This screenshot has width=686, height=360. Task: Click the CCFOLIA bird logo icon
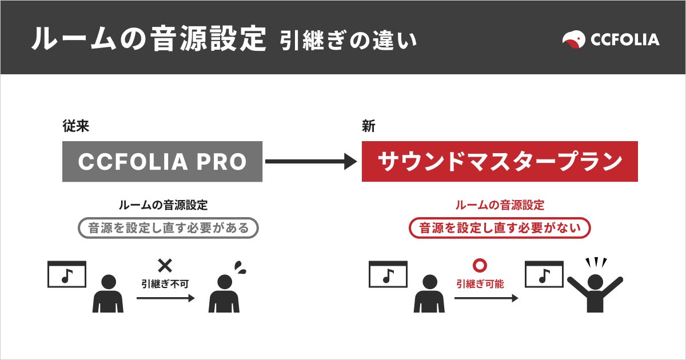pos(573,39)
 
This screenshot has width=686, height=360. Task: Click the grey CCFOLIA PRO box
pos(162,162)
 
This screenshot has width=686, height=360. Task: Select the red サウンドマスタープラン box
pos(500,162)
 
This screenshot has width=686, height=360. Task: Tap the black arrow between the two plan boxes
pos(311,162)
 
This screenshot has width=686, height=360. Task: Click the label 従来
pos(76,127)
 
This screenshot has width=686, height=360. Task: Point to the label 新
pos(368,127)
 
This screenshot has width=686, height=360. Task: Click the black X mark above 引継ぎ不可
pos(165,265)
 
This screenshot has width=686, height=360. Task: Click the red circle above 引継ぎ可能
pos(480,266)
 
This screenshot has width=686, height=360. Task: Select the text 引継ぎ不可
pos(165,283)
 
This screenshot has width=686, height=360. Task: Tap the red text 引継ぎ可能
pos(480,283)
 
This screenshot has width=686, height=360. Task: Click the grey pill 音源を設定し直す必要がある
pos(168,228)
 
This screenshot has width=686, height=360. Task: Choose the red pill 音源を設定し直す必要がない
pos(500,228)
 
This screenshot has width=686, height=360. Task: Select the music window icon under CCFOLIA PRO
pos(67,275)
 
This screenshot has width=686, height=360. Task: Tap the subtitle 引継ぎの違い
pos(348,40)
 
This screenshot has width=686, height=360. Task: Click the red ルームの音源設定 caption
pos(500,205)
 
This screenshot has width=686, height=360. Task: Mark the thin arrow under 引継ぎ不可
pos(165,298)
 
